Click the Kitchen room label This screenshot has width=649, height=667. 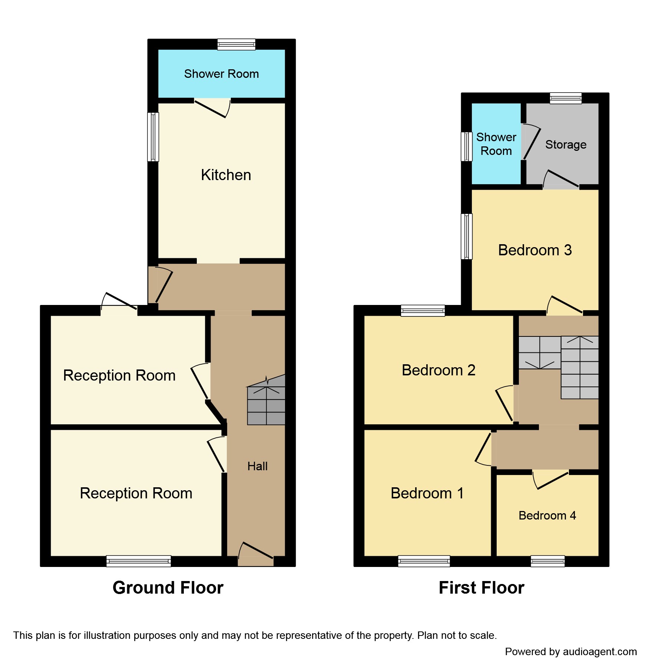coord(226,175)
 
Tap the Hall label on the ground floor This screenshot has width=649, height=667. coord(257,466)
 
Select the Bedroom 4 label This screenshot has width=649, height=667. coord(547,515)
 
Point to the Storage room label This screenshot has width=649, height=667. coord(566,145)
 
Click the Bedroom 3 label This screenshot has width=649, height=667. coord(534,250)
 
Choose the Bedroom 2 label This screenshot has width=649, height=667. coord(438,370)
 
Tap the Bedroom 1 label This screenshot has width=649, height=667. coord(427,493)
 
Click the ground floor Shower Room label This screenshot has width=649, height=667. coord(221,74)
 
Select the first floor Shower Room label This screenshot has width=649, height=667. coord(496,144)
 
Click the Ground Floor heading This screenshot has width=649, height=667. coord(168,588)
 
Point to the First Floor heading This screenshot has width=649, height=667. coord(481,588)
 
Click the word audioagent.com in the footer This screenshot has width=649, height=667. coord(599,652)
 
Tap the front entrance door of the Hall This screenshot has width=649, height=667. coord(256,555)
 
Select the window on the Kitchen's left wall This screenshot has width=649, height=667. coord(153,137)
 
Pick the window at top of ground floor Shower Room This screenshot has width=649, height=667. coord(236,44)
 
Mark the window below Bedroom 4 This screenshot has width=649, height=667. coord(547,561)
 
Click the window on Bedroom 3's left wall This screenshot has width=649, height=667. coord(467,236)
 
